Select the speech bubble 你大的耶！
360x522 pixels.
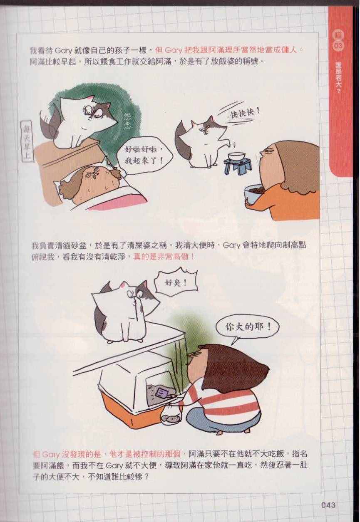coord(248,327)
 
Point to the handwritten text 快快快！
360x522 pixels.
coord(245,113)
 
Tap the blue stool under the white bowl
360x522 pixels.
coord(236,164)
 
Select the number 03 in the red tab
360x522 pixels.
coord(338,45)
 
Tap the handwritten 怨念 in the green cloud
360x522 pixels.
coord(128,121)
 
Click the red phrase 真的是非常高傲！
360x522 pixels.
coord(164,257)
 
